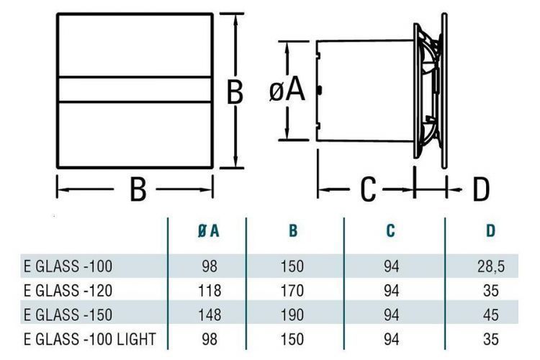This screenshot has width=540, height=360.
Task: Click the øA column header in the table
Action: pyautogui.click(x=207, y=231)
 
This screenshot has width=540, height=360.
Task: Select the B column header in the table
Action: pyautogui.click(x=293, y=231)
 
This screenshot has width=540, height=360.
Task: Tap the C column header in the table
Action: pyautogui.click(x=390, y=231)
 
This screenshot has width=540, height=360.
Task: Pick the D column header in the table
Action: pyautogui.click(x=490, y=231)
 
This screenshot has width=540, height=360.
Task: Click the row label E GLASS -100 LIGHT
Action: pyautogui.click(x=89, y=338)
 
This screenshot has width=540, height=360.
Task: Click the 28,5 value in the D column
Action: pyautogui.click(x=490, y=266)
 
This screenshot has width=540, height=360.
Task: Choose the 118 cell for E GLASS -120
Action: pyautogui.click(x=207, y=290)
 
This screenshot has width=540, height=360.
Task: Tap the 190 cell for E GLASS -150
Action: pyautogui.click(x=293, y=314)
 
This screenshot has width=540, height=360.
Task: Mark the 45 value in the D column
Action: pyautogui.click(x=490, y=314)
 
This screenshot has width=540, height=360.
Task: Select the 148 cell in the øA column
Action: pyautogui.click(x=207, y=314)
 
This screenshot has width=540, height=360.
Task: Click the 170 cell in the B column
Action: pyautogui.click(x=293, y=290)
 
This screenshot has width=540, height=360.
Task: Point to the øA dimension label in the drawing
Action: pyautogui.click(x=287, y=91)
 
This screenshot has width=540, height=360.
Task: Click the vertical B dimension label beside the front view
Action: pyautogui.click(x=235, y=92)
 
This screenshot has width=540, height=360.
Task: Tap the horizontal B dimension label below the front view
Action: pyautogui.click(x=138, y=190)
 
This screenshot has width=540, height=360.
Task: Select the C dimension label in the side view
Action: pyautogui.click(x=368, y=190)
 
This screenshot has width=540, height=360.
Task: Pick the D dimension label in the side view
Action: pyautogui.click(x=480, y=190)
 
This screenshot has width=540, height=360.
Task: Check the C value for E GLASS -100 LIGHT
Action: pyautogui.click(x=390, y=338)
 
